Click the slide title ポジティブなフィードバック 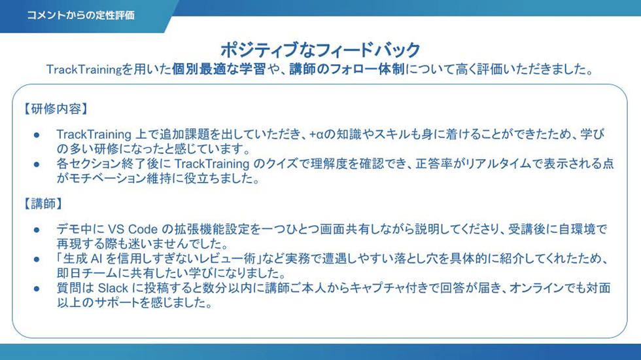tap(320, 50)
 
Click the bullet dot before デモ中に tap(37, 230)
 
